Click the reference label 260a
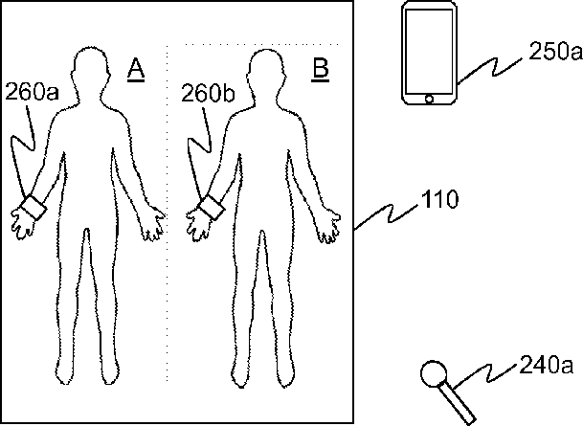pyautogui.click(x=31, y=94)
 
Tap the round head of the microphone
pyautogui.click(x=437, y=373)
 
